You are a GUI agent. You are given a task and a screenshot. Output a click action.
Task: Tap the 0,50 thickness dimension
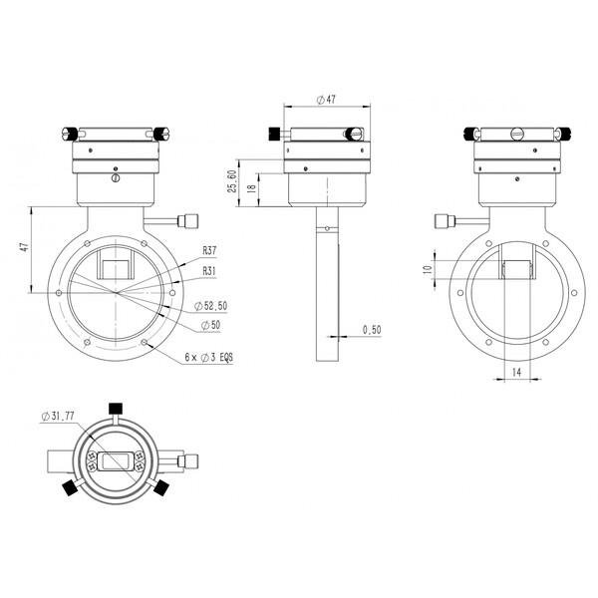[x=372, y=329]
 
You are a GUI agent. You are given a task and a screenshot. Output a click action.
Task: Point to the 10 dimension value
[x=425, y=270]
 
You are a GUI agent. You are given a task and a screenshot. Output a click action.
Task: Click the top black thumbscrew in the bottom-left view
[x=115, y=408]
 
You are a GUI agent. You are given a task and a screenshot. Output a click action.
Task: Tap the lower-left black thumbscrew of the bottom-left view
[x=71, y=488]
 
